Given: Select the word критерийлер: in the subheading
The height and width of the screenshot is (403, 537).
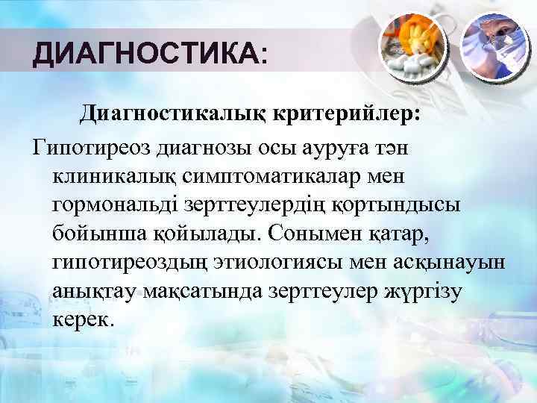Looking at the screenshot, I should point(351,114).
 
